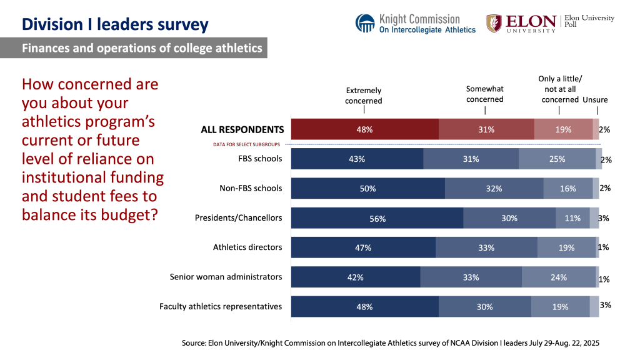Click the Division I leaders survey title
click(115, 25)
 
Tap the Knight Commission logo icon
click(365, 23)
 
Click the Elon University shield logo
click(494, 23)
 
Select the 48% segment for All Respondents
click(364, 129)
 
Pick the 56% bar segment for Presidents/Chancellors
click(377, 218)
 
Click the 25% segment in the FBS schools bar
click(557, 159)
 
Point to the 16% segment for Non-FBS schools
click(567, 188)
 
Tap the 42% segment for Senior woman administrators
click(355, 277)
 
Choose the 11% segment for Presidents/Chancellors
click(572, 218)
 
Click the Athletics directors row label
click(247, 247)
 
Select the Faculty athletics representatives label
click(221, 306)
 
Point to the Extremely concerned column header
click(363, 95)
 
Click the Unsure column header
click(595, 100)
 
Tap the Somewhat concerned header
click(485, 94)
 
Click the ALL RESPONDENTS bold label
click(242, 130)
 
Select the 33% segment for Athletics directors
click(486, 247)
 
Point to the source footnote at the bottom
click(390, 343)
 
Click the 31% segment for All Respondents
click(486, 129)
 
